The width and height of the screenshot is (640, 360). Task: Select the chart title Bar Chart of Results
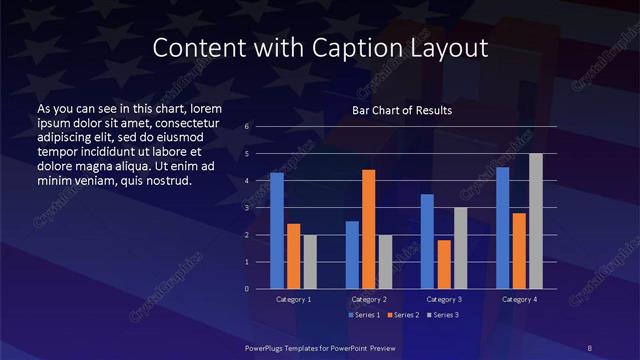point(401,110)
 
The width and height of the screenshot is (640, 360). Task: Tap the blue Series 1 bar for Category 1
point(277,230)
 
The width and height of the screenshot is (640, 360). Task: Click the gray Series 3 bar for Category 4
point(536,221)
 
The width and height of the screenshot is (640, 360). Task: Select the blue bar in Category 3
point(427,241)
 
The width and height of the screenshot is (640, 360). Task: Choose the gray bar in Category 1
point(310,261)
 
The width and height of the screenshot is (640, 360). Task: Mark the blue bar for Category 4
point(502,228)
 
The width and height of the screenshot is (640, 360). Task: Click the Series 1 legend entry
point(364,315)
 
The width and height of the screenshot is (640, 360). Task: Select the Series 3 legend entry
point(444,315)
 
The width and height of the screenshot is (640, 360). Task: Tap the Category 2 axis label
point(368,299)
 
